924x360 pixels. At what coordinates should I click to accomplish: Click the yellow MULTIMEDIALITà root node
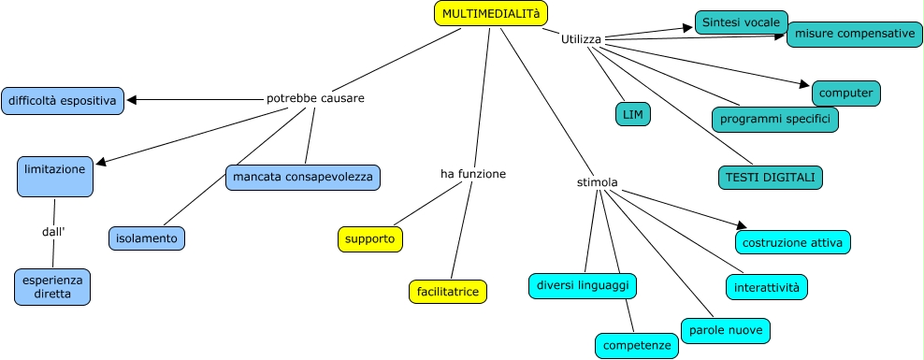tap(491, 13)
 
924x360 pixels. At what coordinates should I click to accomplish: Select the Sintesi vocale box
tap(742, 22)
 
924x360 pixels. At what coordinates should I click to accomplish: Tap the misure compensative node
tap(855, 35)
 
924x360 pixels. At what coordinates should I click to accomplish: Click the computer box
tap(846, 94)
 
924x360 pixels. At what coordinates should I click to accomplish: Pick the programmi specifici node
tap(775, 120)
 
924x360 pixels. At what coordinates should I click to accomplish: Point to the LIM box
tap(633, 114)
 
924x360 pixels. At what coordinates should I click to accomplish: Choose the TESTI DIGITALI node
tap(771, 178)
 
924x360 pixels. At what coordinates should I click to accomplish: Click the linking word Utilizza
tap(581, 39)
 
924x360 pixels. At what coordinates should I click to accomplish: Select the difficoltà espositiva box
tap(63, 101)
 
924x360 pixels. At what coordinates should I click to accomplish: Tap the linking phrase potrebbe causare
tap(315, 98)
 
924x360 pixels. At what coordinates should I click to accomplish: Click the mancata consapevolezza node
tap(303, 178)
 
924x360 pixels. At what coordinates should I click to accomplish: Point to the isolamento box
tap(147, 238)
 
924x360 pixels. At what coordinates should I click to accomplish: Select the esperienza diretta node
tap(52, 287)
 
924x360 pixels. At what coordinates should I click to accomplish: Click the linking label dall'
tap(53, 232)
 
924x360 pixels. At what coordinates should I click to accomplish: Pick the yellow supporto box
tap(370, 239)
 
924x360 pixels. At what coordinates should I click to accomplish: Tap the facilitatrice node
tap(448, 292)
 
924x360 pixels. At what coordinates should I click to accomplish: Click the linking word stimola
tap(597, 182)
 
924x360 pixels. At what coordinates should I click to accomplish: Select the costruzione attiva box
tap(792, 242)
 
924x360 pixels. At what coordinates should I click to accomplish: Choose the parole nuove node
tap(726, 330)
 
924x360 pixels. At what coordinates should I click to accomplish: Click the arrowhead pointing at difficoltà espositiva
tap(132, 100)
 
